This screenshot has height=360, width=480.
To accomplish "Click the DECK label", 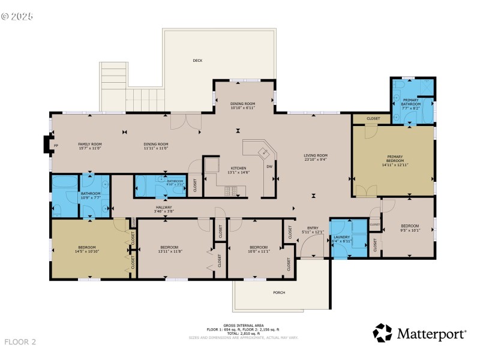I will [197, 61].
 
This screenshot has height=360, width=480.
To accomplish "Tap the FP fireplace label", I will [56, 145].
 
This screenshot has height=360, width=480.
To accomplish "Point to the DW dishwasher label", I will [269, 166].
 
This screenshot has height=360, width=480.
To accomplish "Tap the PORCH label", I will [279, 292].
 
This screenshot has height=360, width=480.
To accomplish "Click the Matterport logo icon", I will [382, 333].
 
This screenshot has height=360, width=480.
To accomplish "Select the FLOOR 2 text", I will [20, 342].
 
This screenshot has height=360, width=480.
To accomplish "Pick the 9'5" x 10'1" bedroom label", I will [410, 227].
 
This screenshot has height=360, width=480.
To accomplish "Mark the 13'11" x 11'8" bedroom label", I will [169, 249].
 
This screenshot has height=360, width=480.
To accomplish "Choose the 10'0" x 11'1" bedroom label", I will [258, 249].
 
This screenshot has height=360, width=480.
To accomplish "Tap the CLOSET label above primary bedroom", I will [373, 119].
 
